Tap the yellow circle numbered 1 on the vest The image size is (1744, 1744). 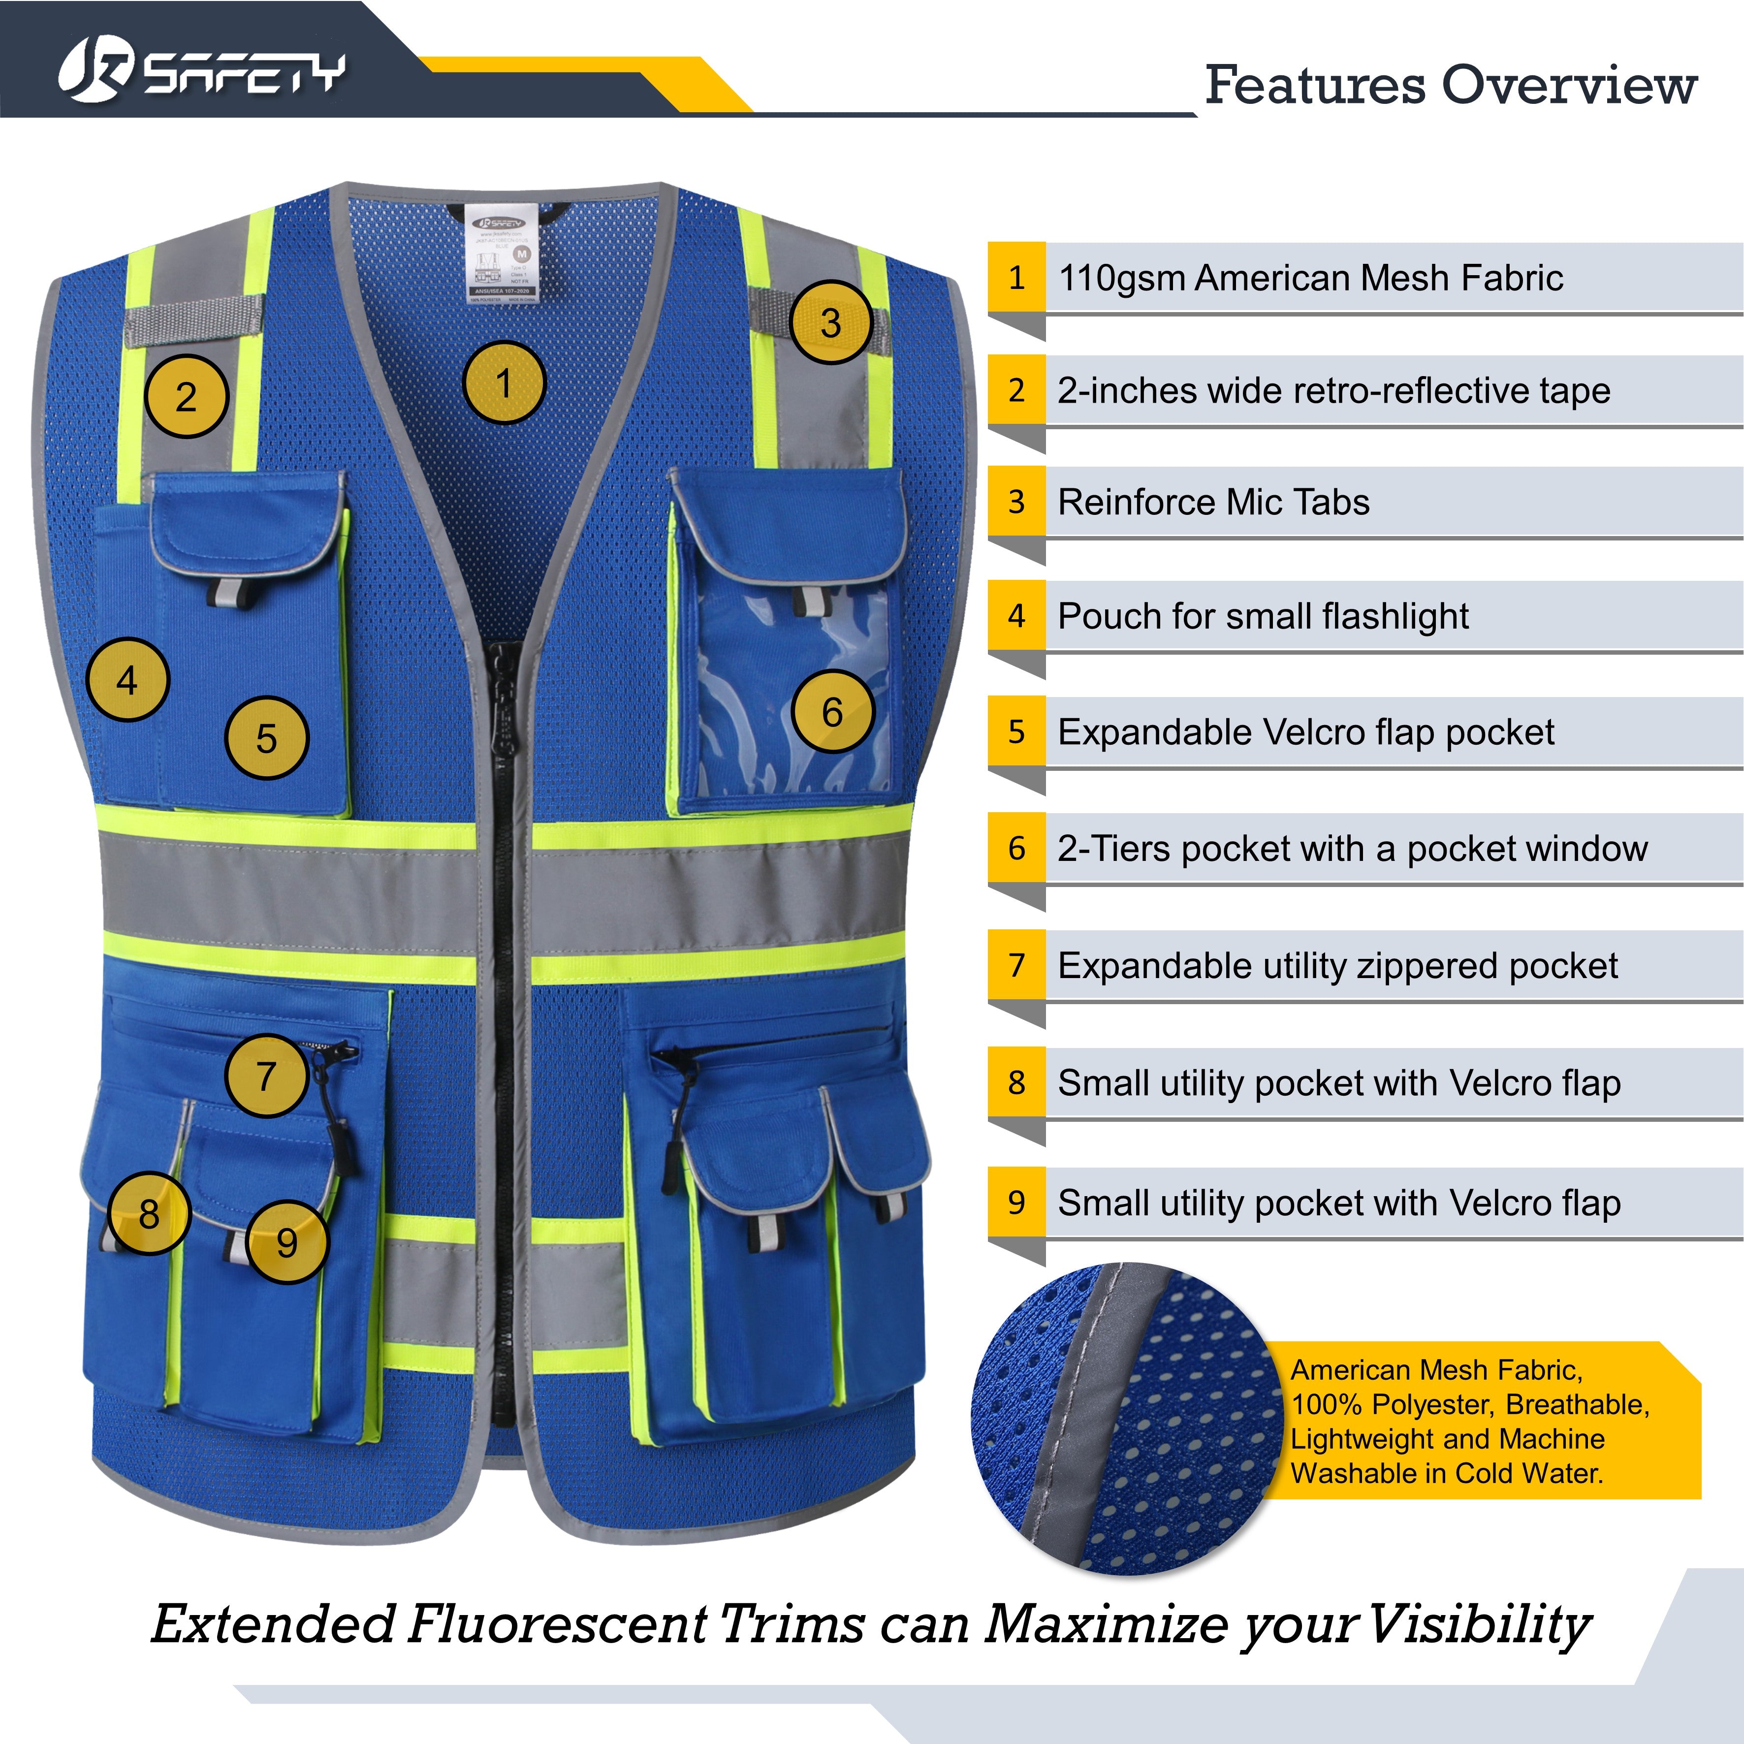[x=504, y=383]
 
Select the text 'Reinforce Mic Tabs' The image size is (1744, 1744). [x=1213, y=502]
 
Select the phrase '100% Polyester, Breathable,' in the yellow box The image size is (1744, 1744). [x=1470, y=1404]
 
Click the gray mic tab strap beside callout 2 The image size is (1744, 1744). [x=194, y=320]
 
